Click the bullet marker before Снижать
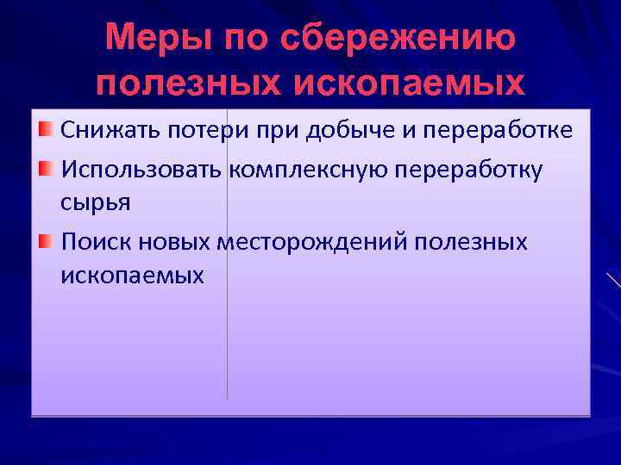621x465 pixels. click(45, 130)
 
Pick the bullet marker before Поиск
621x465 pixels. click(45, 239)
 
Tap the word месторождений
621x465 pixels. click(312, 241)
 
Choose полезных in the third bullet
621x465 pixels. click(471, 240)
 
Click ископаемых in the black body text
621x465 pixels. click(133, 276)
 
